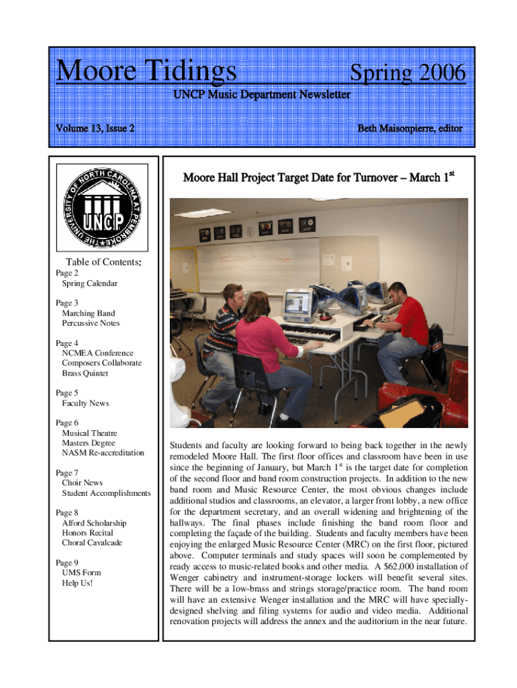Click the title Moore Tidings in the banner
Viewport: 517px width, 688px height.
click(146, 71)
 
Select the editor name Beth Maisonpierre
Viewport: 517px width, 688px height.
click(410, 128)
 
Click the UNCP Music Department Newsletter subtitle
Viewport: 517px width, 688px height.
click(261, 95)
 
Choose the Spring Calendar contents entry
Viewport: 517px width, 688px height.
click(90, 284)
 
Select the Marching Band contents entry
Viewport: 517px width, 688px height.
click(88, 313)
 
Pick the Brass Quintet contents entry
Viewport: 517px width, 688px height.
click(85, 373)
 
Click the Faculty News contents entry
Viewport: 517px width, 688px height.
click(85, 403)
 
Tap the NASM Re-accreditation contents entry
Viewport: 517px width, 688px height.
click(103, 453)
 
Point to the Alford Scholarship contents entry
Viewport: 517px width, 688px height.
click(94, 523)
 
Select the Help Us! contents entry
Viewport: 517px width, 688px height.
click(77, 583)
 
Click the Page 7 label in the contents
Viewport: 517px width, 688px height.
click(67, 473)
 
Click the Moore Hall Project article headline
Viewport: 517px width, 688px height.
click(318, 178)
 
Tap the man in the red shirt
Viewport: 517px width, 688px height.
click(403, 329)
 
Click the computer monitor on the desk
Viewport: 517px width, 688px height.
click(296, 306)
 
